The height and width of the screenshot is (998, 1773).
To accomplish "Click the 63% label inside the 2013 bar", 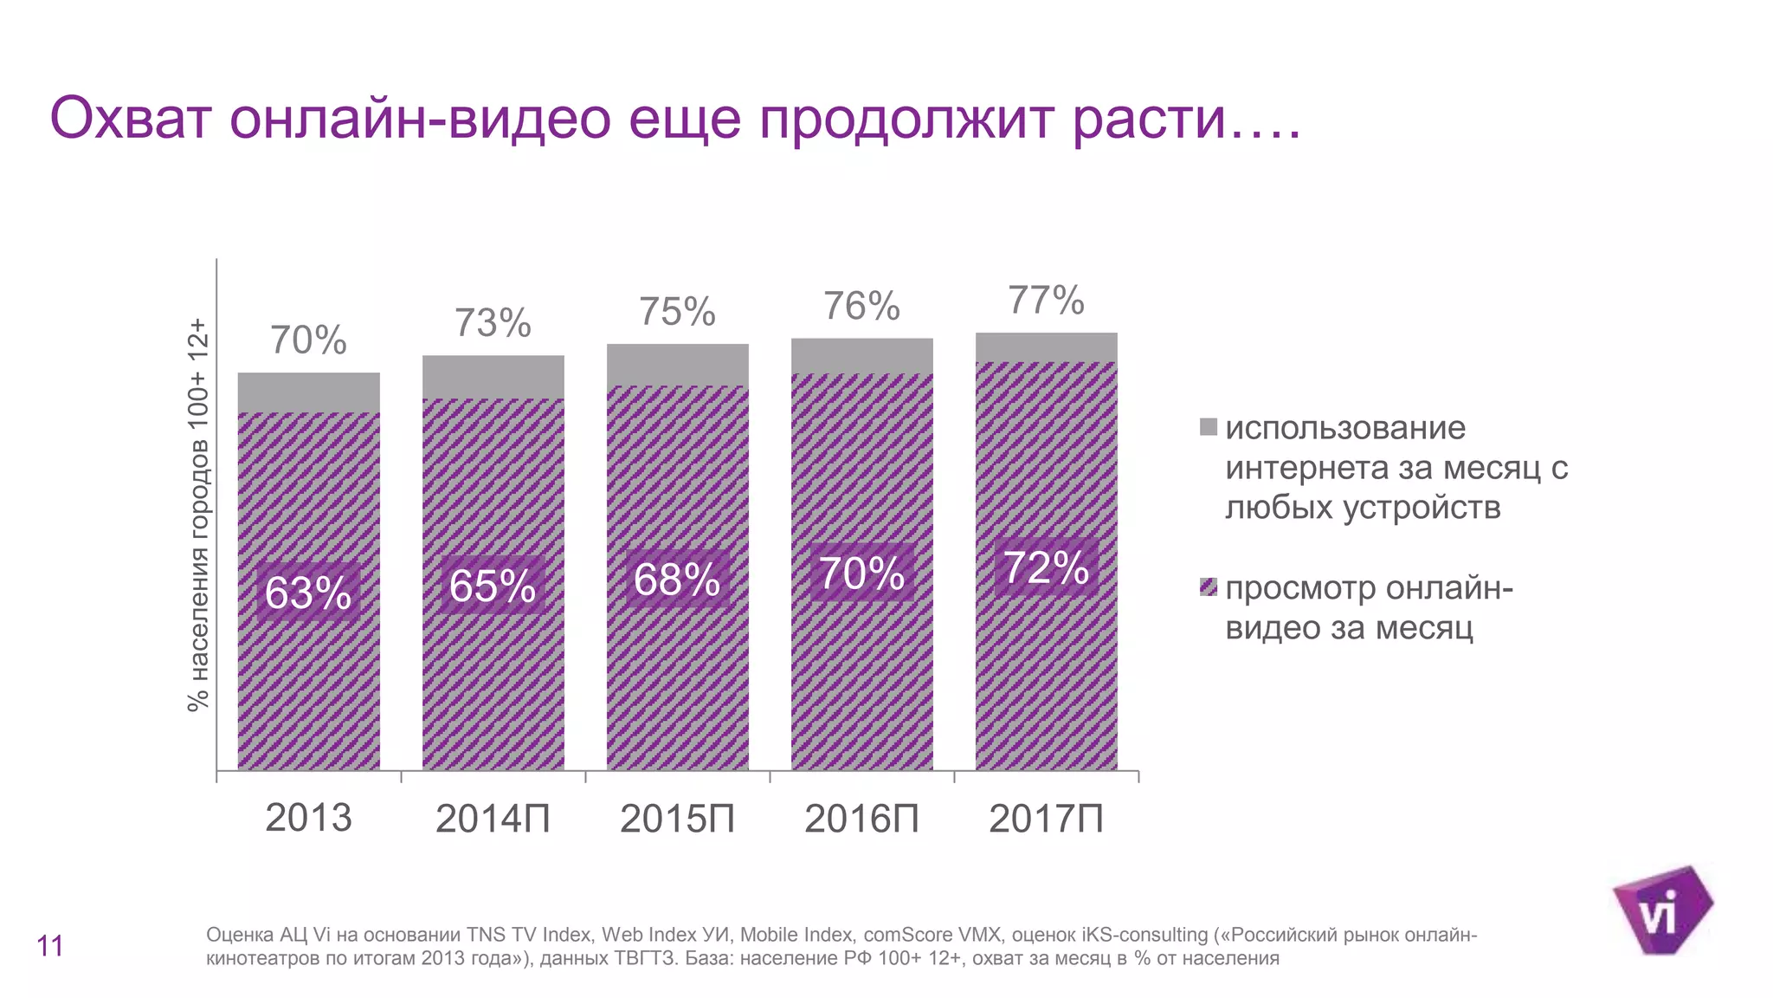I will click(x=308, y=593).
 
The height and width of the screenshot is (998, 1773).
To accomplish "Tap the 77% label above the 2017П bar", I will click(x=1046, y=301).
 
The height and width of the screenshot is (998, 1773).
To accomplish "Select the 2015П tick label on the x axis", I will click(x=677, y=819).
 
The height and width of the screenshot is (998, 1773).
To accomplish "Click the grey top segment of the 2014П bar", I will click(x=493, y=377).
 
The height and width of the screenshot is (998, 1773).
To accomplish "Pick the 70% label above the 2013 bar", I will click(x=308, y=340).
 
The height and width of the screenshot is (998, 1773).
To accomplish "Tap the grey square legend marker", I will click(x=1209, y=427).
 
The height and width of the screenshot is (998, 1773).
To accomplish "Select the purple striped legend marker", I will click(x=1209, y=587).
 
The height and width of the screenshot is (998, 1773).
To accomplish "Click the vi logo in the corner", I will click(x=1660, y=911).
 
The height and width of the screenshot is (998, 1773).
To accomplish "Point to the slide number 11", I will click(x=50, y=946).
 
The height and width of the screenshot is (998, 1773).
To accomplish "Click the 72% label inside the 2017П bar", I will click(x=1046, y=567).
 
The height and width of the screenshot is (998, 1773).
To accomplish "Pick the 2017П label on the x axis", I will click(x=1046, y=819).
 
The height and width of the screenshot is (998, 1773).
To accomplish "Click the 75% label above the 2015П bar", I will click(x=677, y=312).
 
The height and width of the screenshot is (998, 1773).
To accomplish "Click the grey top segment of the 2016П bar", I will click(x=861, y=356).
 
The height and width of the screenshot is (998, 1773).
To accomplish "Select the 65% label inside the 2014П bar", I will click(x=493, y=586).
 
